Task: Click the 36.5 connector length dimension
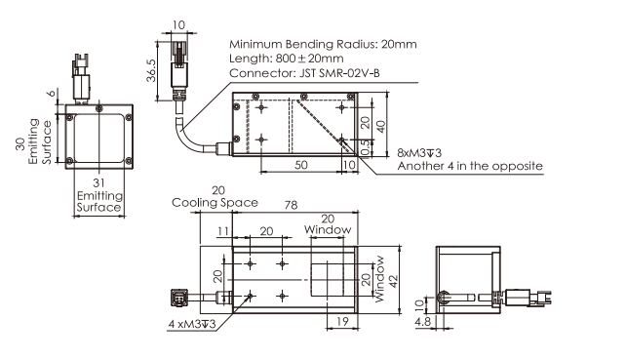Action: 151,70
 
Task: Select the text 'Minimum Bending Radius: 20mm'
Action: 323,44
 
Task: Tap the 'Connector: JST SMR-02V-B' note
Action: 304,73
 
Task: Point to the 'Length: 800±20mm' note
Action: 287,59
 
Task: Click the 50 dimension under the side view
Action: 301,165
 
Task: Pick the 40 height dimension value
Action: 381,126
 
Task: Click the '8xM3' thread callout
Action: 419,152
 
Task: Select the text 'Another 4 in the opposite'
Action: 470,166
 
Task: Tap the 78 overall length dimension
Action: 291,205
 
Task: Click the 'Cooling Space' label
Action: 215,203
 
